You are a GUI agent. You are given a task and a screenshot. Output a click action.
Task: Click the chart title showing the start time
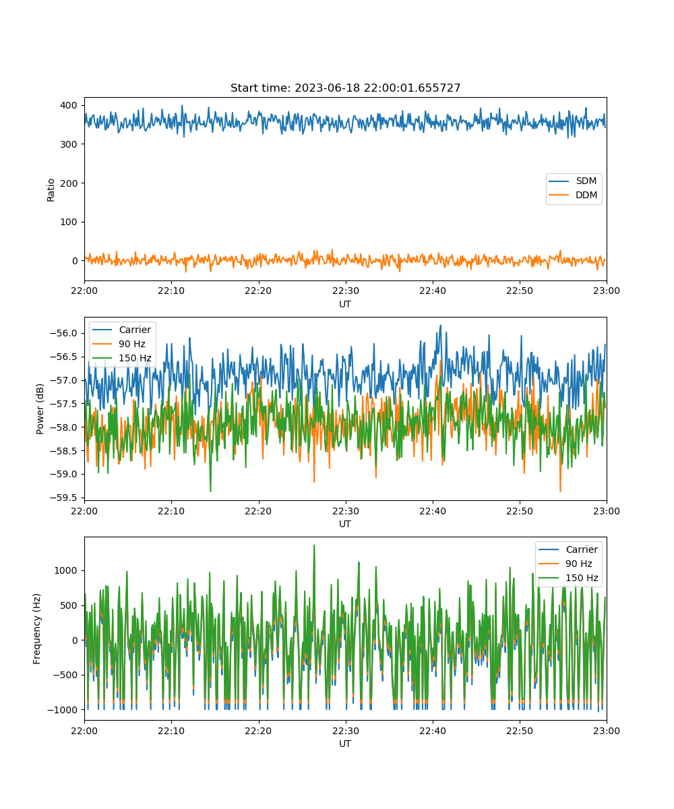tap(345, 88)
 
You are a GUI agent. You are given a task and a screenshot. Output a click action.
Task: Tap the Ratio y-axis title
tap(51, 190)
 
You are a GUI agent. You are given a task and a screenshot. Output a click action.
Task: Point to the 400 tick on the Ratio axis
tap(68, 105)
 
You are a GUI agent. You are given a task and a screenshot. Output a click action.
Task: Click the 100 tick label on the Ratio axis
tap(68, 222)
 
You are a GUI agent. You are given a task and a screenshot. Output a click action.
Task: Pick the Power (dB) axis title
tap(40, 409)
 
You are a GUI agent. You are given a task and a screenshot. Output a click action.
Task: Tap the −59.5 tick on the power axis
tap(63, 498)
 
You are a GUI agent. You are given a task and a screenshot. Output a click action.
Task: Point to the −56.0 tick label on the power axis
tap(63, 333)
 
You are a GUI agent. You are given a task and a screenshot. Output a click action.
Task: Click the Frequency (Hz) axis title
tap(36, 628)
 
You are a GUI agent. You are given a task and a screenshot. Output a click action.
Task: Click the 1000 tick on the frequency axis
tap(65, 570)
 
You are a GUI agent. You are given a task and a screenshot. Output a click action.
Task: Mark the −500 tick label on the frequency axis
tap(63, 675)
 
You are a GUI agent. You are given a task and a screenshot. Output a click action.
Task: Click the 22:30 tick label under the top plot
tap(346, 291)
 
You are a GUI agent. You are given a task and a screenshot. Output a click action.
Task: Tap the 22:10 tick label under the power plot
tap(171, 511)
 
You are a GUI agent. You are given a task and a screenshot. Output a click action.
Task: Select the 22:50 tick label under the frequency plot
tap(520, 731)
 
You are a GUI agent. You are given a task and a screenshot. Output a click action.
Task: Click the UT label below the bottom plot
tap(344, 744)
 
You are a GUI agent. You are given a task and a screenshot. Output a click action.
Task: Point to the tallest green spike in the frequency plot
tap(314, 545)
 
